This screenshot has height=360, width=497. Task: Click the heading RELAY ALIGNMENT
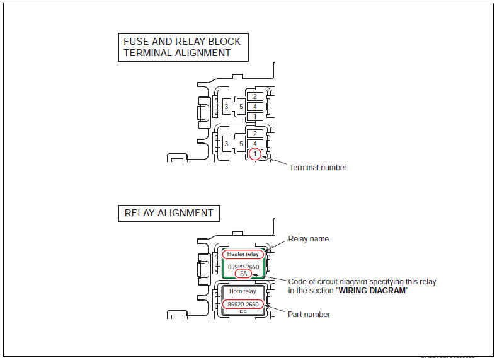tap(169, 213)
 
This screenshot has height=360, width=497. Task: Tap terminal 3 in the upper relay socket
tap(226, 107)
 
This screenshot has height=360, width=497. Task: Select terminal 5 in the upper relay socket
tap(241, 107)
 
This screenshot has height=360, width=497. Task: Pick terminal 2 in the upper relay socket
tap(254, 96)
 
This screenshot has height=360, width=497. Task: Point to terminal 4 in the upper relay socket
tap(254, 107)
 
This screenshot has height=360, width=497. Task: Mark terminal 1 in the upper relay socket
tap(254, 117)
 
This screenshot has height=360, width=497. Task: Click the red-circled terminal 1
tap(254, 153)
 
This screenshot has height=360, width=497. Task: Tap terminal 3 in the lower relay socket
tap(226, 144)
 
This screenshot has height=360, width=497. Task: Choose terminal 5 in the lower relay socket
tap(241, 144)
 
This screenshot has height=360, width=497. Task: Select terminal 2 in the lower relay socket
tap(254, 134)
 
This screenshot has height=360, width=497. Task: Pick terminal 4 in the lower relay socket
tap(254, 144)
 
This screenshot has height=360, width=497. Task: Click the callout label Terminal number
tap(317, 168)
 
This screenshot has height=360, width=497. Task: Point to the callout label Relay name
tap(309, 239)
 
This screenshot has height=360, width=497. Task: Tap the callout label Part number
tap(309, 314)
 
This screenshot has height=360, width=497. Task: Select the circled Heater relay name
tap(243, 254)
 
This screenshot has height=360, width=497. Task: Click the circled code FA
tap(243, 274)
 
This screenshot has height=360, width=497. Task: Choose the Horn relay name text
tap(243, 291)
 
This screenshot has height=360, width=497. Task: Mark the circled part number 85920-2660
tap(243, 305)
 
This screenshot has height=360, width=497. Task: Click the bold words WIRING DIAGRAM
tap(372, 290)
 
